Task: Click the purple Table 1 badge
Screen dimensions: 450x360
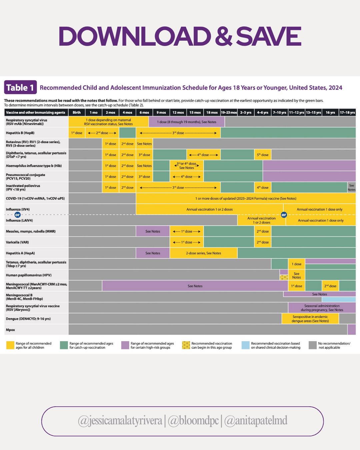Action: (x=20, y=88)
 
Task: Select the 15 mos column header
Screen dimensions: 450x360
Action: (x=195, y=113)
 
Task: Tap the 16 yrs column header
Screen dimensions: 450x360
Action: (x=330, y=113)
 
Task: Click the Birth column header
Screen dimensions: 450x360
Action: (x=77, y=113)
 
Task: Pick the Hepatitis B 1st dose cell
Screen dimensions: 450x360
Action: (x=77, y=133)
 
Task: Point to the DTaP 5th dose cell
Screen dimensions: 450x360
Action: (x=263, y=155)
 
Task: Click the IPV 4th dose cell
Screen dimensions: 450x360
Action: (x=263, y=188)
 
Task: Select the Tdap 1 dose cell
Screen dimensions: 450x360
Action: (x=296, y=264)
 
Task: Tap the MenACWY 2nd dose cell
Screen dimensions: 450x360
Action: (x=330, y=286)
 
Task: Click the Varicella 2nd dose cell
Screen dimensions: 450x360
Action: (x=263, y=242)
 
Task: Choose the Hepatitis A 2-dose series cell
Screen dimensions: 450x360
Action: (x=203, y=253)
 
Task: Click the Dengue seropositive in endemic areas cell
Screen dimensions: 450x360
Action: (x=310, y=319)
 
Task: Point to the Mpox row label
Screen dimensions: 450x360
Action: (x=11, y=330)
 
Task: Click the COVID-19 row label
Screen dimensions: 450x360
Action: (x=35, y=199)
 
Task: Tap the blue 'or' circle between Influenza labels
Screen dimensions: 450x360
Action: (x=18, y=215)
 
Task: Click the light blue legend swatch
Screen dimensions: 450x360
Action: (x=245, y=345)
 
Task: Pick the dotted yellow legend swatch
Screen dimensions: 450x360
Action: (x=186, y=345)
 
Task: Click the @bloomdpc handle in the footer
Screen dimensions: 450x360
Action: (x=193, y=421)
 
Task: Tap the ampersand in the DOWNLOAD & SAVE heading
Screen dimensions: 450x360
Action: (x=224, y=37)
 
